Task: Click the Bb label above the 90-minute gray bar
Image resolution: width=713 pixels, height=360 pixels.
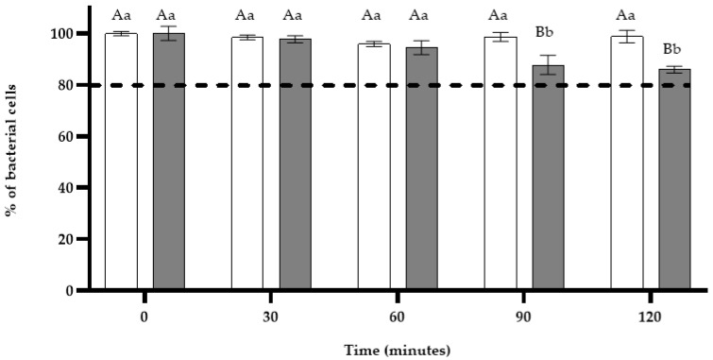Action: tap(544, 33)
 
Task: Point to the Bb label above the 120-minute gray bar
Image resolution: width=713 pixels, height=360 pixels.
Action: tap(671, 48)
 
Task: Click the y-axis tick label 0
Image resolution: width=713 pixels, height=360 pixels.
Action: tap(67, 290)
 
